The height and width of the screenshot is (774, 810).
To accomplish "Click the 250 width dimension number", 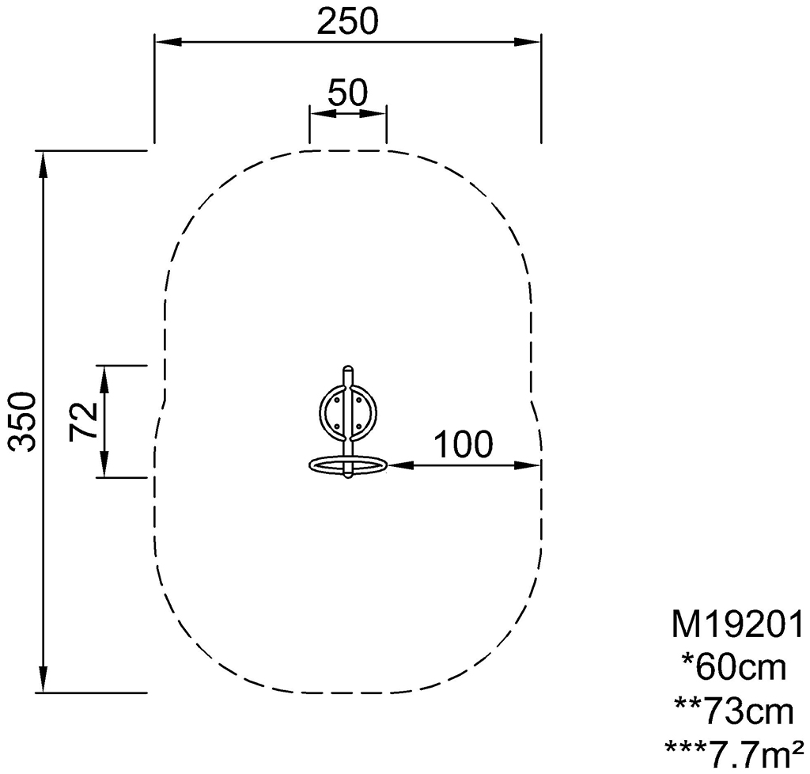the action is point(348,21).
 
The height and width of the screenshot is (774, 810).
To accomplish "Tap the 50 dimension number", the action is point(348,93).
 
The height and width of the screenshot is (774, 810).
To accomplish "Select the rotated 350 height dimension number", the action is point(25,422).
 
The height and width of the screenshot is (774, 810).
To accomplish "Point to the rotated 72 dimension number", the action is point(83,421).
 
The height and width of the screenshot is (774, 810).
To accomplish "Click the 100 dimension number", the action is point(464,444).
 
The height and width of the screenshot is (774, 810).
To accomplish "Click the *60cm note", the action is point(734,667).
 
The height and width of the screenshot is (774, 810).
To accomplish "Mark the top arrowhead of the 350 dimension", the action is point(43,165).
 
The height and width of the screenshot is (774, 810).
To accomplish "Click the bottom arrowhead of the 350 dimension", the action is point(43,679).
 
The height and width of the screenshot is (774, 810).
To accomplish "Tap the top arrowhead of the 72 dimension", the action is point(104,378).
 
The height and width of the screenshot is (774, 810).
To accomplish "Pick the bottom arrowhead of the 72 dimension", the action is point(104,465).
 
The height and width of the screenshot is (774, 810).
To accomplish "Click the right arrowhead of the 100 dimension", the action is point(528,465).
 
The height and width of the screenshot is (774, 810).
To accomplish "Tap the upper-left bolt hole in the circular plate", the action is point(337,399).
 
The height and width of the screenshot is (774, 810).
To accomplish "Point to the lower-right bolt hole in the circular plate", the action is point(359,427).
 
